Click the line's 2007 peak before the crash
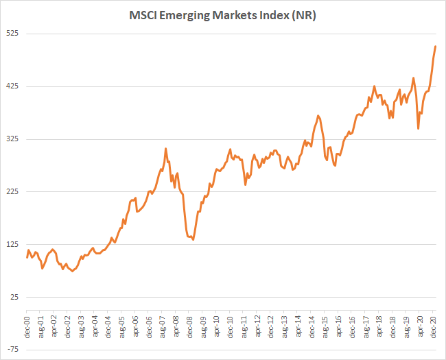click(x=165, y=148)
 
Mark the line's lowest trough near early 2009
click(x=193, y=239)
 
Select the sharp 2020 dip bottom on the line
click(x=418, y=128)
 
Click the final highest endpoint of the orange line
click(x=436, y=47)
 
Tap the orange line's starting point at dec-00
click(x=27, y=258)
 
